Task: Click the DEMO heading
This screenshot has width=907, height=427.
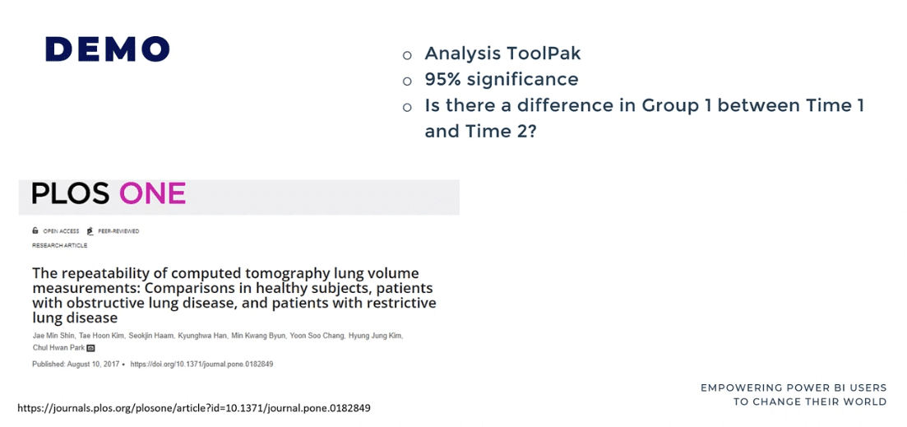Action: click(x=108, y=49)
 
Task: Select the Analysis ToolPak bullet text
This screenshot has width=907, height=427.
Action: click(x=502, y=53)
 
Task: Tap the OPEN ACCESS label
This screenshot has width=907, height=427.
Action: click(x=62, y=231)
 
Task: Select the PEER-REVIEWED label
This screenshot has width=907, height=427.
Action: click(x=118, y=231)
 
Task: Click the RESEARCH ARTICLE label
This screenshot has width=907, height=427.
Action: click(x=59, y=245)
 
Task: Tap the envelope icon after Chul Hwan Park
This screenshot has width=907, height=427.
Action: click(x=90, y=348)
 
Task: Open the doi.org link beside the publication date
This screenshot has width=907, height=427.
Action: click(x=202, y=364)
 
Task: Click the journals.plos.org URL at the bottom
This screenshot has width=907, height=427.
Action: click(x=194, y=408)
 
